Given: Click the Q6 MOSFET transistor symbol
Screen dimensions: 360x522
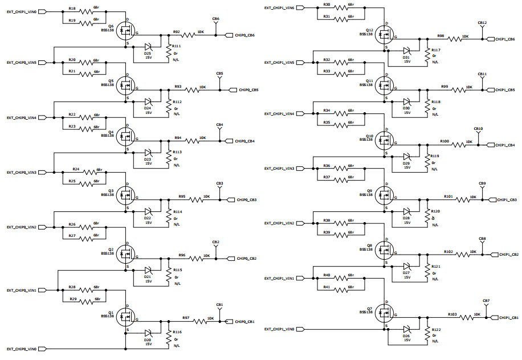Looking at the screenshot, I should (126, 32).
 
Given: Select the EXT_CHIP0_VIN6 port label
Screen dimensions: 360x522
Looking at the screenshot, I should (21, 11).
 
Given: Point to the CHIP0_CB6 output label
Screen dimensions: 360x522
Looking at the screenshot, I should (244, 35).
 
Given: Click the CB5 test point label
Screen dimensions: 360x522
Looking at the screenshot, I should (219, 73).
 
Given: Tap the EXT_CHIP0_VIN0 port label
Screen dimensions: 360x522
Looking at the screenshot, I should (21, 349).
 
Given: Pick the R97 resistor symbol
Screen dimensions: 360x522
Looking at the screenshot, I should (201, 321).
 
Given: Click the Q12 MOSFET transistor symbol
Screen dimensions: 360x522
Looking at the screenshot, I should (386, 36).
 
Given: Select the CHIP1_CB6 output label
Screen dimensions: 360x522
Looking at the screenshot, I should (505, 39).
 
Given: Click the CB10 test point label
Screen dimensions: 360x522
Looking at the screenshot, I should (478, 129).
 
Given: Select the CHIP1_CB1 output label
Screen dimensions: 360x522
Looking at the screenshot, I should (507, 318).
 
